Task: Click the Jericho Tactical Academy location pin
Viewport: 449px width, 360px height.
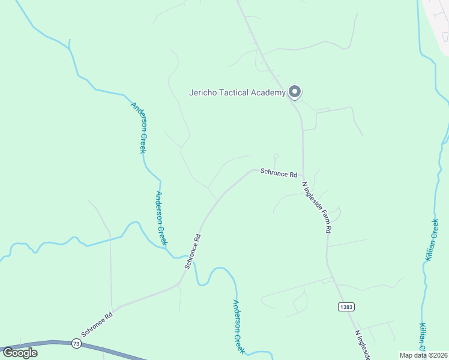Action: click(295, 92)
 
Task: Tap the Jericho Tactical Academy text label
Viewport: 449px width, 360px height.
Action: click(237, 93)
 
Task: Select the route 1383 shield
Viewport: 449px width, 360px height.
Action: click(346, 307)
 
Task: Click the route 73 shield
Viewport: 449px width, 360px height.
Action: click(76, 343)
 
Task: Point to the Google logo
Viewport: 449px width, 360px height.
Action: click(20, 352)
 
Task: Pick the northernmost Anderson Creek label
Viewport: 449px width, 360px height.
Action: click(139, 127)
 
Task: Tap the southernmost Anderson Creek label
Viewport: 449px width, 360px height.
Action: click(239, 326)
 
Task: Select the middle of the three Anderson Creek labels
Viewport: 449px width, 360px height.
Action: click(161, 218)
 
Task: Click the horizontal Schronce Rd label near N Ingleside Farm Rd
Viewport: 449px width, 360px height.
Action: click(279, 173)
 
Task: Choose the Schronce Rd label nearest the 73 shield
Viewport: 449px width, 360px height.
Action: click(97, 324)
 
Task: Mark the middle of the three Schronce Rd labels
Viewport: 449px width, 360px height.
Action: click(192, 251)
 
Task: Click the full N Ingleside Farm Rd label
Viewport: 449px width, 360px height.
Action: click(317, 207)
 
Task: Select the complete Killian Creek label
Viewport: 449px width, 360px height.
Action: click(431, 241)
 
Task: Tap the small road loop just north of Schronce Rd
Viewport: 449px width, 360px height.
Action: click(276, 157)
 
